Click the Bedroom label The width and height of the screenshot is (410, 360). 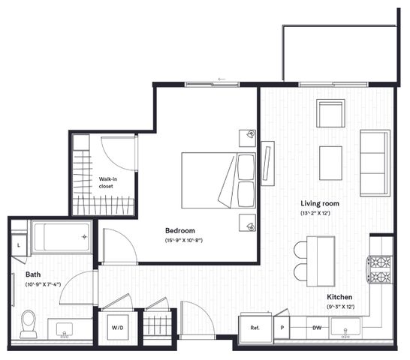(x=180, y=231)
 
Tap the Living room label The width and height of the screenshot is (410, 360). (x=320, y=203)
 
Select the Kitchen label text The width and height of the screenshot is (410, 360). (x=339, y=297)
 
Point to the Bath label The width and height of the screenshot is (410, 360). (x=33, y=274)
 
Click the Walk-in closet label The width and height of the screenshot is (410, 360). (x=107, y=182)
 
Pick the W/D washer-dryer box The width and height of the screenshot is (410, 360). (x=118, y=327)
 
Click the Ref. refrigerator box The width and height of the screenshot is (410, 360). (x=255, y=328)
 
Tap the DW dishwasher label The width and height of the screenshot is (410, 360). (x=317, y=328)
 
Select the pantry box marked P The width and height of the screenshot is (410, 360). (x=282, y=328)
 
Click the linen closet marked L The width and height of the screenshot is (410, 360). (x=19, y=245)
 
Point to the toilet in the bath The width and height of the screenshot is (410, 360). (x=29, y=324)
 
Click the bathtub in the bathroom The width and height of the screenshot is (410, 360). (x=62, y=237)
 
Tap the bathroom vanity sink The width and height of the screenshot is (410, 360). (x=65, y=330)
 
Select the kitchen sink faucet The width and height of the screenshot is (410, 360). (x=345, y=334)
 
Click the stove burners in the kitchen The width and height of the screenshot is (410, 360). (x=381, y=270)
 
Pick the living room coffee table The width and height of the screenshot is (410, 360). (x=330, y=163)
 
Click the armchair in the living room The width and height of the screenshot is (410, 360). (x=330, y=113)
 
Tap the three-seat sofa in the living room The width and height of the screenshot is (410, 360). (x=375, y=163)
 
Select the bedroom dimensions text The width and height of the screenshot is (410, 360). (x=184, y=240)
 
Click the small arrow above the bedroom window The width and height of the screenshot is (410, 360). (x=222, y=79)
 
